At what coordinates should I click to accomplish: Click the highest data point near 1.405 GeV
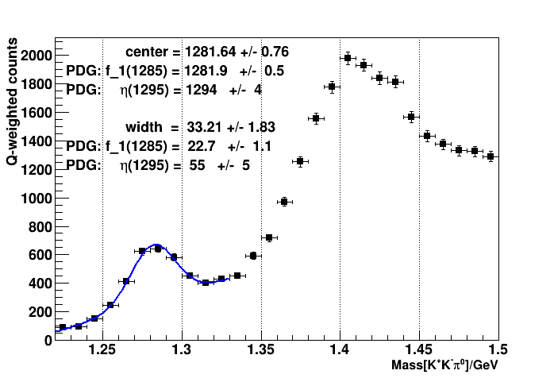348,58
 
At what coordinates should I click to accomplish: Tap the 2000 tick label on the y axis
37,55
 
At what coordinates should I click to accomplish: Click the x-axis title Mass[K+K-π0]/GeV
444,366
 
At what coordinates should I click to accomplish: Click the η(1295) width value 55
198,164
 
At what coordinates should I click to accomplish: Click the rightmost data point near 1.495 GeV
491,156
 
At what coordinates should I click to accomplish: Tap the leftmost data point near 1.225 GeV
63,327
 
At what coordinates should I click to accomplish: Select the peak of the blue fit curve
156,245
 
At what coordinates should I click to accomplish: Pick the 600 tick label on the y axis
40,255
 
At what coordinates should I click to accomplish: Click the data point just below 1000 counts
284,202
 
